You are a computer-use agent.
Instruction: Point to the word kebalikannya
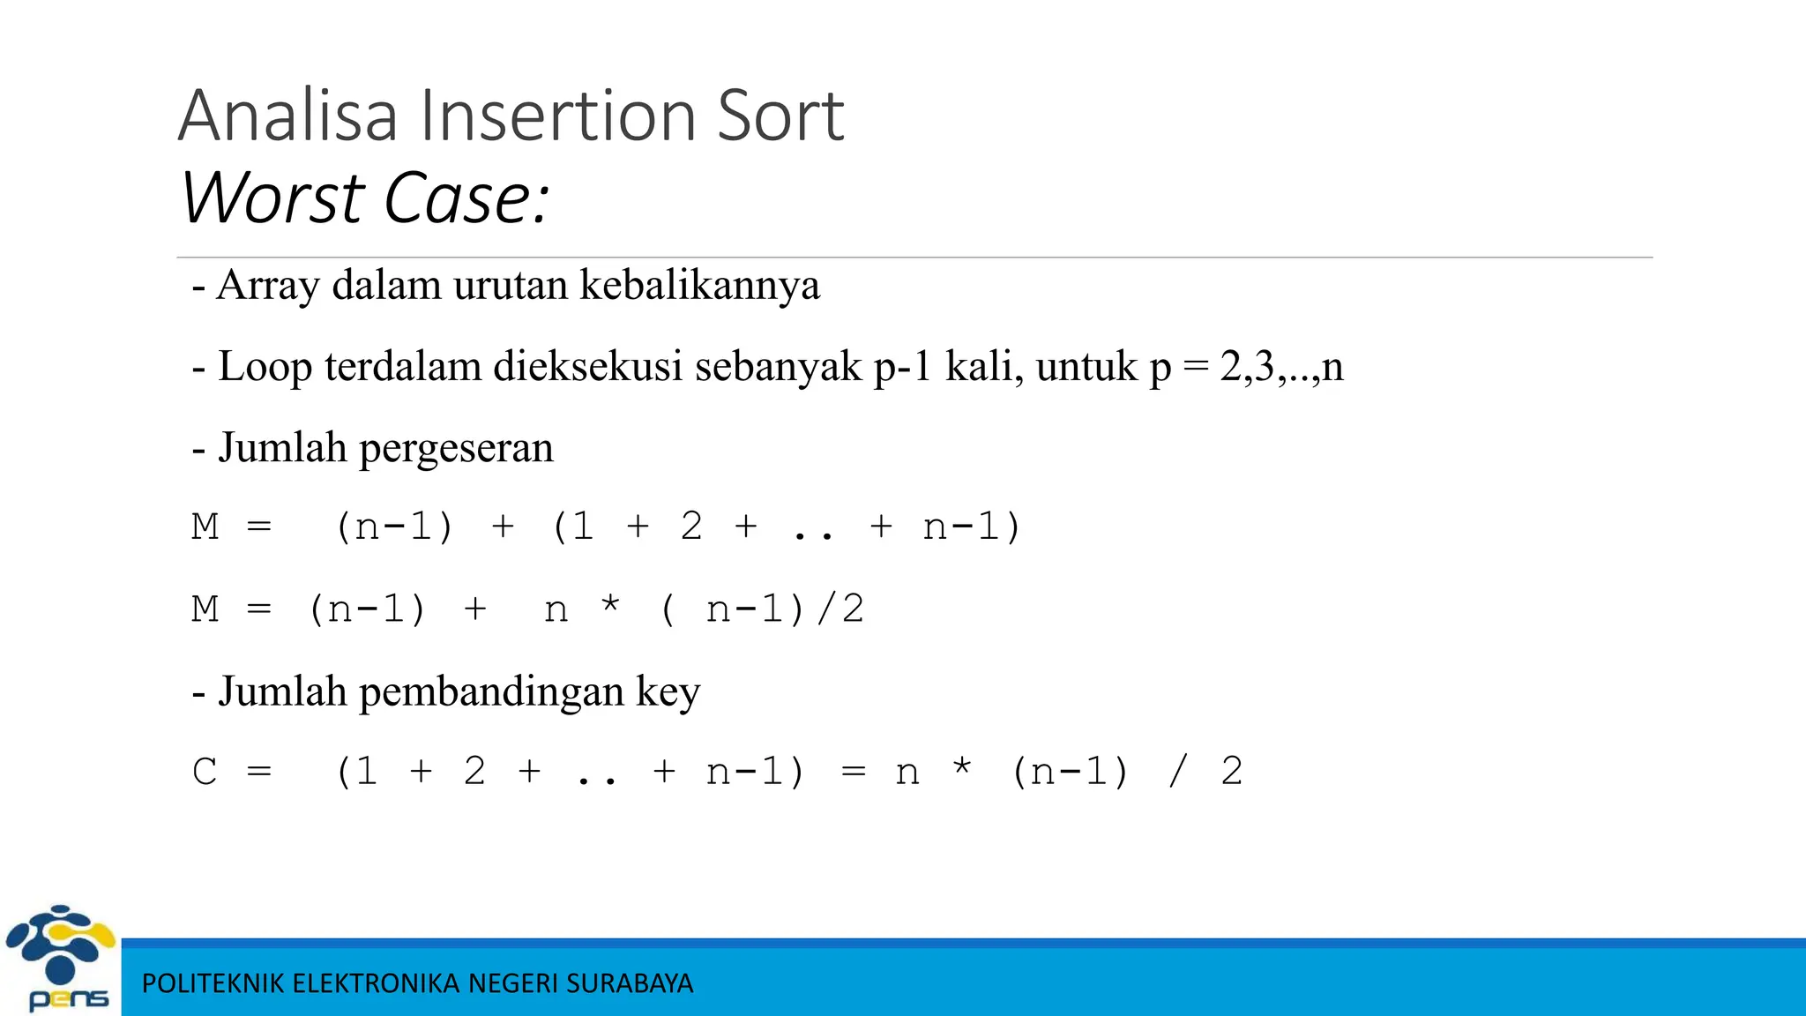(699, 285)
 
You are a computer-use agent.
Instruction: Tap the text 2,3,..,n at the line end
(1281, 366)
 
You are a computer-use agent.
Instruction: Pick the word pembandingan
(491, 691)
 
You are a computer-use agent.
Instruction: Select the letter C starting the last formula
(205, 773)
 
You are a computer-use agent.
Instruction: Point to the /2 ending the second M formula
(840, 609)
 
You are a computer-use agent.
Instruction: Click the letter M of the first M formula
(205, 527)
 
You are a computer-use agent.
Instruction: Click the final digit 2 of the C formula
(1231, 773)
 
